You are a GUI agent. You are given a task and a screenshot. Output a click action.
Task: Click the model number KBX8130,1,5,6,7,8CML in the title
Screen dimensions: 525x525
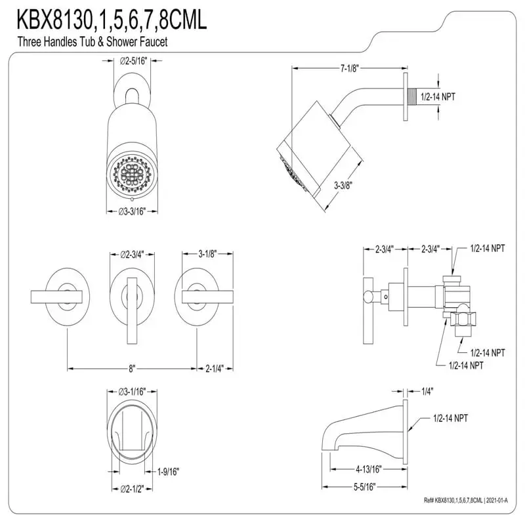coord(112,20)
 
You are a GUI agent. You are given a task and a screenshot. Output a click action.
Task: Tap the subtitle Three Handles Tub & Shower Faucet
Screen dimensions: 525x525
coord(93,42)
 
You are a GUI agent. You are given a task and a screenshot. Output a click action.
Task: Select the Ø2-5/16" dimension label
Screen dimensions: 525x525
coord(133,61)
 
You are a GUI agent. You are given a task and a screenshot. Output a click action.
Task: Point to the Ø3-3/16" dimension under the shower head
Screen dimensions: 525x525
coord(132,211)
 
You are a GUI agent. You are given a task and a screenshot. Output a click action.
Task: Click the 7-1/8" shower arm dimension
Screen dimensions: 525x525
coord(349,68)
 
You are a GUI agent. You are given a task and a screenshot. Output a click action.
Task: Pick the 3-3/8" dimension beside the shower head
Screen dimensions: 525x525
coord(343,185)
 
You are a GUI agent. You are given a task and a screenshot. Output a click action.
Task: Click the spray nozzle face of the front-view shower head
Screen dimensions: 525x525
coord(132,173)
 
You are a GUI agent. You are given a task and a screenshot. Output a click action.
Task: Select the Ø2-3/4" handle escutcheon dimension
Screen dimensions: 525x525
coord(133,255)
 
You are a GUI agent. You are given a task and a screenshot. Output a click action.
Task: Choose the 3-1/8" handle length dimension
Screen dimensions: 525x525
coord(207,254)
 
